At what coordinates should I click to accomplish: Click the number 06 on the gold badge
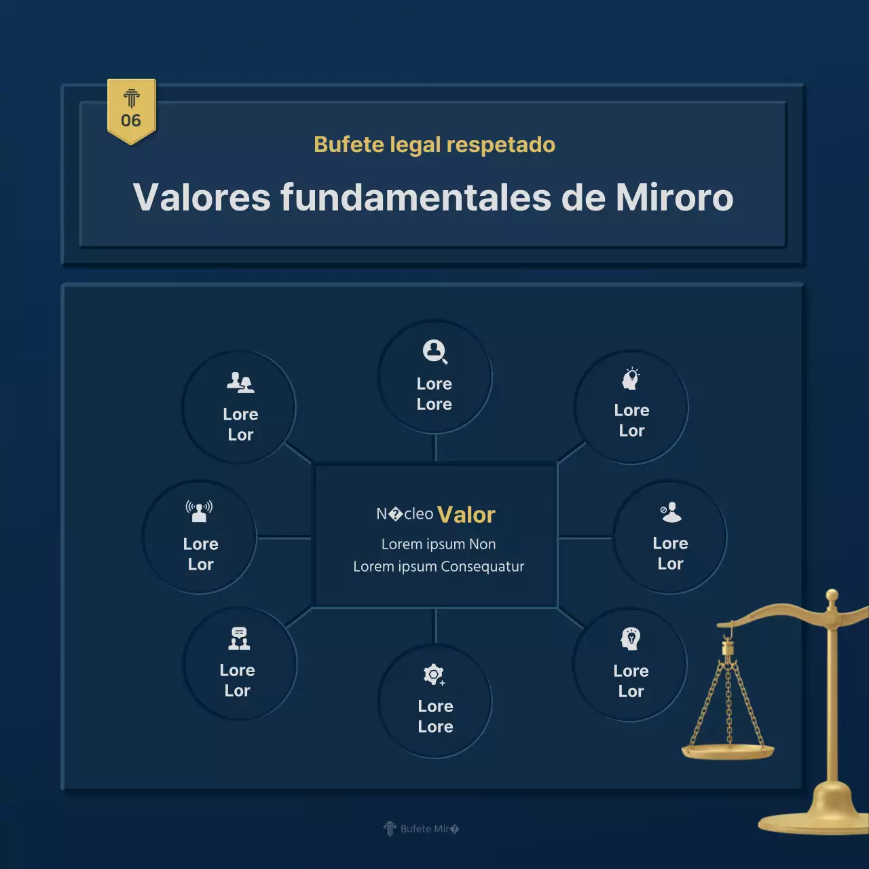coord(131,121)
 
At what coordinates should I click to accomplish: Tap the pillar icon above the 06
coord(132,98)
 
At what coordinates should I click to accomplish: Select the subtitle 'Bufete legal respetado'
coord(434,145)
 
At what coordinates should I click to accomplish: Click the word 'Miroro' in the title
coord(674,198)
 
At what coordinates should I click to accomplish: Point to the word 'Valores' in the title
coord(202,198)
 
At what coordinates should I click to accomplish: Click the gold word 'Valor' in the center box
coord(466,515)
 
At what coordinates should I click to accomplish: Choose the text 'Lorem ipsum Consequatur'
coord(439,566)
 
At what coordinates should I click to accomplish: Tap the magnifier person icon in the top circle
coord(434,352)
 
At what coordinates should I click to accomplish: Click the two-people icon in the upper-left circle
coord(240,383)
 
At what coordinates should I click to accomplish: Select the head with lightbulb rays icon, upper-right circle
coord(631,378)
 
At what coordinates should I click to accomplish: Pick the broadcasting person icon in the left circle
coord(199,511)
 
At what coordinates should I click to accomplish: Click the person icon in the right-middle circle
coord(671,512)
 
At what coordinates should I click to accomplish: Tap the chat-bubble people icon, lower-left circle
coord(238,639)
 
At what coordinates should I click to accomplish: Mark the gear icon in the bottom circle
coord(434,674)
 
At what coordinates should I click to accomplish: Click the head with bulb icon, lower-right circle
coord(631,639)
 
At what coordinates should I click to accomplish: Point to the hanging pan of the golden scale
coord(728,751)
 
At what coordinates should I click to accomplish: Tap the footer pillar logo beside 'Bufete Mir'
coord(390,829)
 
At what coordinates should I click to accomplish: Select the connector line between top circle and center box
coord(435,448)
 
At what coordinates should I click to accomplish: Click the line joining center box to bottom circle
coord(435,626)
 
